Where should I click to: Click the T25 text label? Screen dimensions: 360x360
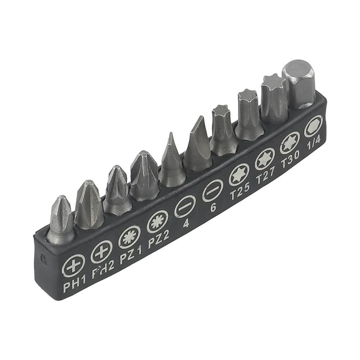click(240, 194)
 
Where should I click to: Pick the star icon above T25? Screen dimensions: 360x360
click(239, 174)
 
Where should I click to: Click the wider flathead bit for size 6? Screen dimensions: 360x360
click(198, 144)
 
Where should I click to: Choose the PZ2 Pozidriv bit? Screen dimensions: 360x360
click(143, 174)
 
